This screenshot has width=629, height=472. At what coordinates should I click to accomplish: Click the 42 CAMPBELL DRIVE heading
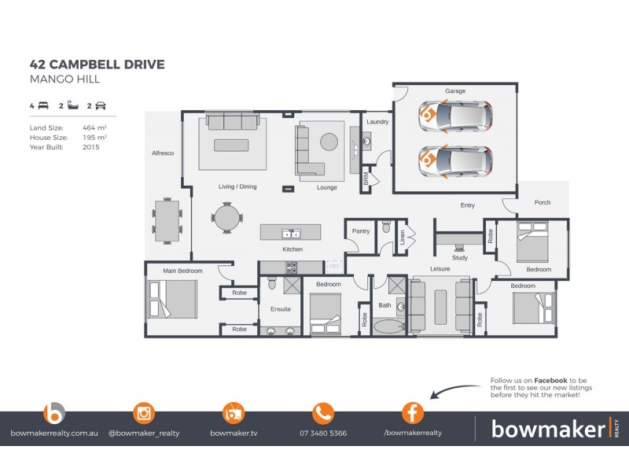click(x=97, y=65)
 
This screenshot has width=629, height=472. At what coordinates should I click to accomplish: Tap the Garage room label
click(x=455, y=91)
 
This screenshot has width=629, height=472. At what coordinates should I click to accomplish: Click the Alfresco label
click(x=162, y=153)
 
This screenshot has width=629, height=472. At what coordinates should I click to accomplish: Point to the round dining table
click(x=226, y=218)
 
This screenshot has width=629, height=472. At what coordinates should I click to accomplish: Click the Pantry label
click(x=361, y=231)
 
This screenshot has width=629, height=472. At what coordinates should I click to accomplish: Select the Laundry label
click(x=377, y=122)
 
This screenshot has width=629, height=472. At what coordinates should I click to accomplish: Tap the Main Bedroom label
click(x=182, y=271)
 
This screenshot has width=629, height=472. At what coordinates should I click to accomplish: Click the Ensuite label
click(x=281, y=310)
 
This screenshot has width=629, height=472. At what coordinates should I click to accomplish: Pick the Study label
click(x=460, y=258)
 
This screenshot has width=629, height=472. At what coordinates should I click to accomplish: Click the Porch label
click(x=542, y=203)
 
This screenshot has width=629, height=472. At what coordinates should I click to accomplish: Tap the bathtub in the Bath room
click(x=386, y=326)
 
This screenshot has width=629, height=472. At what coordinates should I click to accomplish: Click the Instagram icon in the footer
click(x=144, y=413)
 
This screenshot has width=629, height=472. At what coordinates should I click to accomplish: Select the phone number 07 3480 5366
click(x=323, y=433)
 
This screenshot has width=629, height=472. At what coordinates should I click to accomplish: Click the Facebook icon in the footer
click(x=413, y=413)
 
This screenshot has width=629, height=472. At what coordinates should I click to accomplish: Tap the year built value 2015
click(x=91, y=147)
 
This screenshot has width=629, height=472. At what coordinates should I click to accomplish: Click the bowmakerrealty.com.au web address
click(x=53, y=433)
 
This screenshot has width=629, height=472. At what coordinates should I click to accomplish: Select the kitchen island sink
click(x=291, y=234)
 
